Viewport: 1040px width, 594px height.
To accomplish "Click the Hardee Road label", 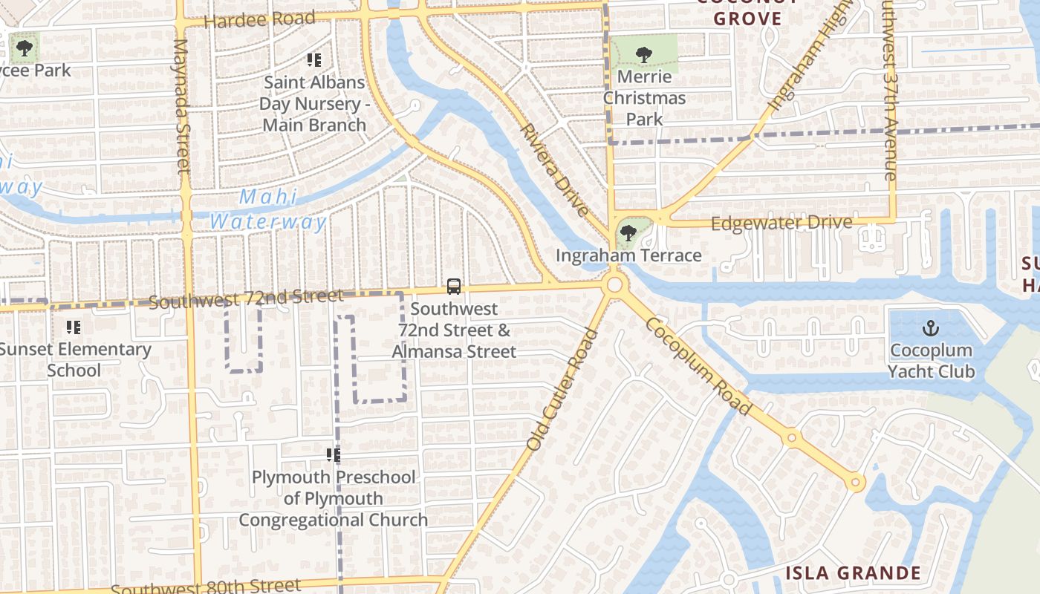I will point(259,19).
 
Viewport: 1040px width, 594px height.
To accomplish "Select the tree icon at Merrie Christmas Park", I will point(643,54).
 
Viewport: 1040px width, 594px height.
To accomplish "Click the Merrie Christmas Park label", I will point(644,97).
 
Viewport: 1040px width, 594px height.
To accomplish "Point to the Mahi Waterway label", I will point(268,209).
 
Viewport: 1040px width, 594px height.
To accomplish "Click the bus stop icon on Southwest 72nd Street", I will point(453,287).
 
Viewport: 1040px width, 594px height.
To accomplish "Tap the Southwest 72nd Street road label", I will point(246,298).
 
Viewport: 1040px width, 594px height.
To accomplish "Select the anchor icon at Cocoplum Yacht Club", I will point(930,328).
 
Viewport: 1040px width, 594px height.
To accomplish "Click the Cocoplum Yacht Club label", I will point(931,360).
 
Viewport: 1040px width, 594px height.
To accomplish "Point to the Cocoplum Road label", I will point(698,365).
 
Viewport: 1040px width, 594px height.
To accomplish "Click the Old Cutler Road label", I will point(562,389).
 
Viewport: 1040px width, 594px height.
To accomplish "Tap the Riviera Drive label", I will point(554,169).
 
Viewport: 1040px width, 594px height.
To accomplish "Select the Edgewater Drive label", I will point(781,223).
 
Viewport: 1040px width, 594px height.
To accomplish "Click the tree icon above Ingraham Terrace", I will point(628,233).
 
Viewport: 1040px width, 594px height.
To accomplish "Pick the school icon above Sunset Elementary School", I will point(73,327).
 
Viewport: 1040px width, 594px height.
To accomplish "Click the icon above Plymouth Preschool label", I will point(333,454).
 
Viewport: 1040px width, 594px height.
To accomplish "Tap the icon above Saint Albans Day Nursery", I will point(313,60).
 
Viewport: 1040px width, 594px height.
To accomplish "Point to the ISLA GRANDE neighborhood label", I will point(853,573).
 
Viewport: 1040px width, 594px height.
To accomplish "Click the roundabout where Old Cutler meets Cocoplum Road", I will point(614,284).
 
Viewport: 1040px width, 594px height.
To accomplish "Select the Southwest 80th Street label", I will point(206,587).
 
